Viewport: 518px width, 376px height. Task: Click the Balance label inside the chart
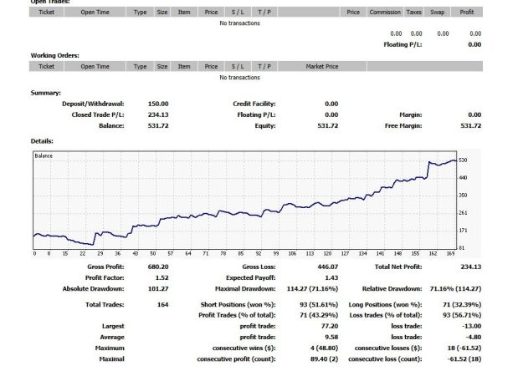44,156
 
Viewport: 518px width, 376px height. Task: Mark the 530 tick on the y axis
463,160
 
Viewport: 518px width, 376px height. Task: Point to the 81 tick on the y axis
462,248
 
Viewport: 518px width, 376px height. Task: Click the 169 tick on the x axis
449,254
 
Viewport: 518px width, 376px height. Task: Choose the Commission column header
386,13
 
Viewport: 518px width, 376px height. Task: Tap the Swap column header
437,13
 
